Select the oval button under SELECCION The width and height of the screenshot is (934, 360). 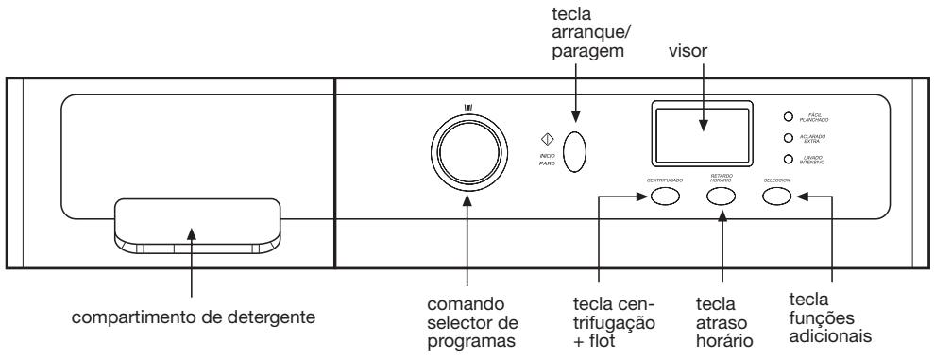tap(776, 197)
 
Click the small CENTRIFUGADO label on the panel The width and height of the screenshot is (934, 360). tap(665, 179)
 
